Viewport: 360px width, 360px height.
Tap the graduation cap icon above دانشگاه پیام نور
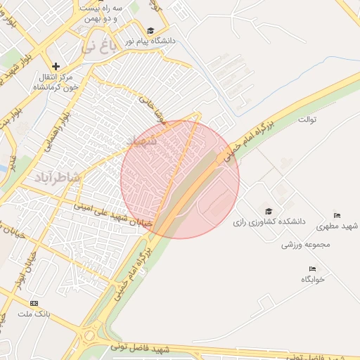pos(150,30)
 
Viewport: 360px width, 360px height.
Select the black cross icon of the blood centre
pos(56,66)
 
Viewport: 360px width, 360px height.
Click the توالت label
pos(307,119)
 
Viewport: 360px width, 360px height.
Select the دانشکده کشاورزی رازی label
pos(271,221)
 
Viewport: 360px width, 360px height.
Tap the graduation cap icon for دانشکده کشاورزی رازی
pos(268,211)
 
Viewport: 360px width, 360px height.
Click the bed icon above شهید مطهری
pos(337,215)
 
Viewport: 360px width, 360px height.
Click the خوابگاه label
pos(312,279)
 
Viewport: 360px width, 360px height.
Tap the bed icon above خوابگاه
pos(312,269)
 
